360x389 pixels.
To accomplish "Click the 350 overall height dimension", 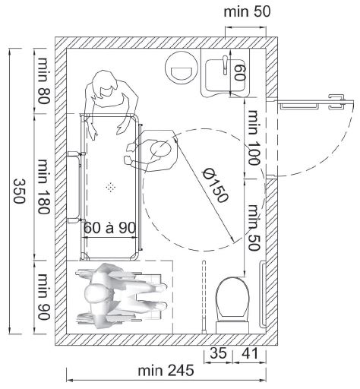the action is click(19, 191).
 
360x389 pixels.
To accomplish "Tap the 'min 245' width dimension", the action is click(166, 370).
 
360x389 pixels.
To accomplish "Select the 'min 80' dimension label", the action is click(43, 81).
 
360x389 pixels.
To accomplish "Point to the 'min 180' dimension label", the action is click(43, 186).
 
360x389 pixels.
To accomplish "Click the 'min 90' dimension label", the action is click(43, 296).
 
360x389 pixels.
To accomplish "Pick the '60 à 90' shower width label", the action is click(109, 228).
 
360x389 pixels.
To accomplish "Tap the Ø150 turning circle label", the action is click(216, 185).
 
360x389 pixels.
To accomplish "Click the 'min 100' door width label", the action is click(254, 138).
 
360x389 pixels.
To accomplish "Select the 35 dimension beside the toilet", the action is click(218, 353).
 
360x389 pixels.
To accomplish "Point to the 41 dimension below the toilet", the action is click(250, 353).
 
